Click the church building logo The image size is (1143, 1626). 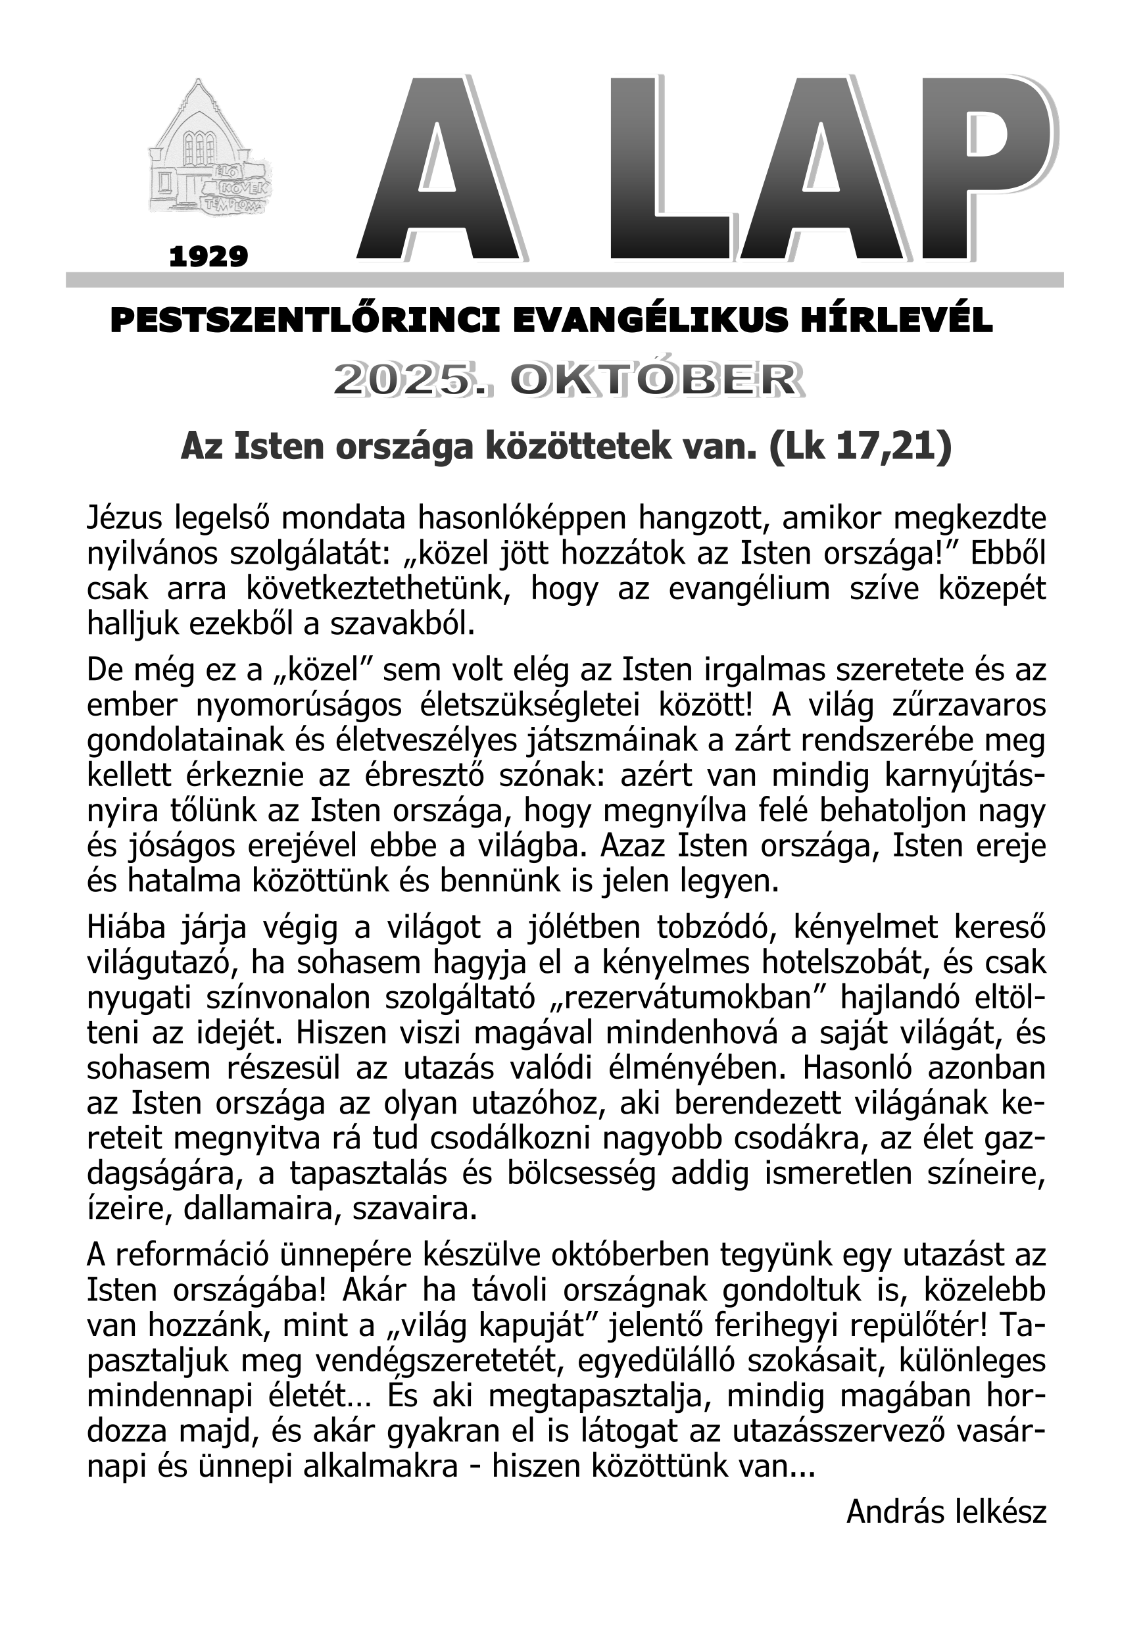pos(210,149)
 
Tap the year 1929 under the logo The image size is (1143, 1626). pos(209,257)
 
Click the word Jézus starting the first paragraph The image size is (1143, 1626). pos(126,518)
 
